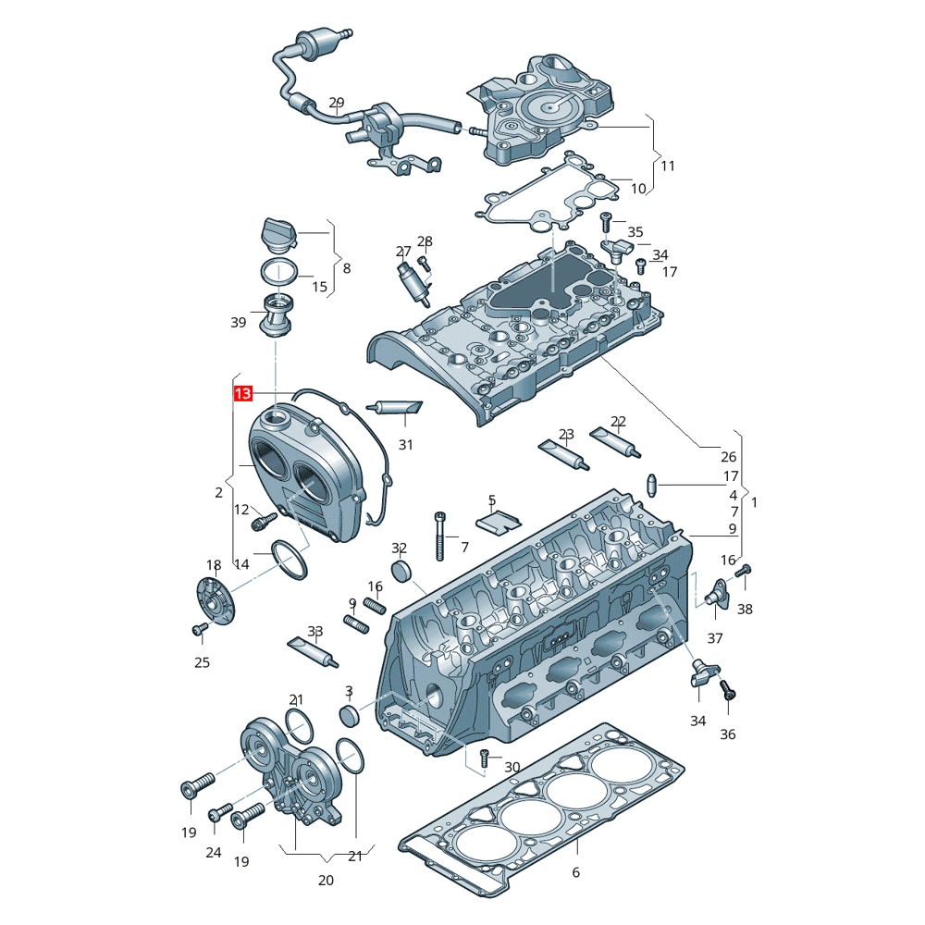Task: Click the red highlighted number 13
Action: [x=243, y=394]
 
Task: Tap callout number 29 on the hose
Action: [x=337, y=103]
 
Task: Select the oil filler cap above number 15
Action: [x=277, y=235]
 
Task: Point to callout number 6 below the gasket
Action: [x=575, y=872]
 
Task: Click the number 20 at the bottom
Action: [x=326, y=881]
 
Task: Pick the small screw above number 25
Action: [x=199, y=630]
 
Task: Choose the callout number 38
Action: [x=746, y=610]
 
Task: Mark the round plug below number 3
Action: [x=349, y=715]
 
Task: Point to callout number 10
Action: [x=638, y=189]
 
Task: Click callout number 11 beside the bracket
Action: [x=668, y=166]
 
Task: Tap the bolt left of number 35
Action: [x=607, y=220]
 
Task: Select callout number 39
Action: [x=239, y=322]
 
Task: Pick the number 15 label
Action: [x=319, y=287]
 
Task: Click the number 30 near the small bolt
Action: [x=512, y=767]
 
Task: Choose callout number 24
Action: [x=214, y=852]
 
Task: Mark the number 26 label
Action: [x=729, y=456]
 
